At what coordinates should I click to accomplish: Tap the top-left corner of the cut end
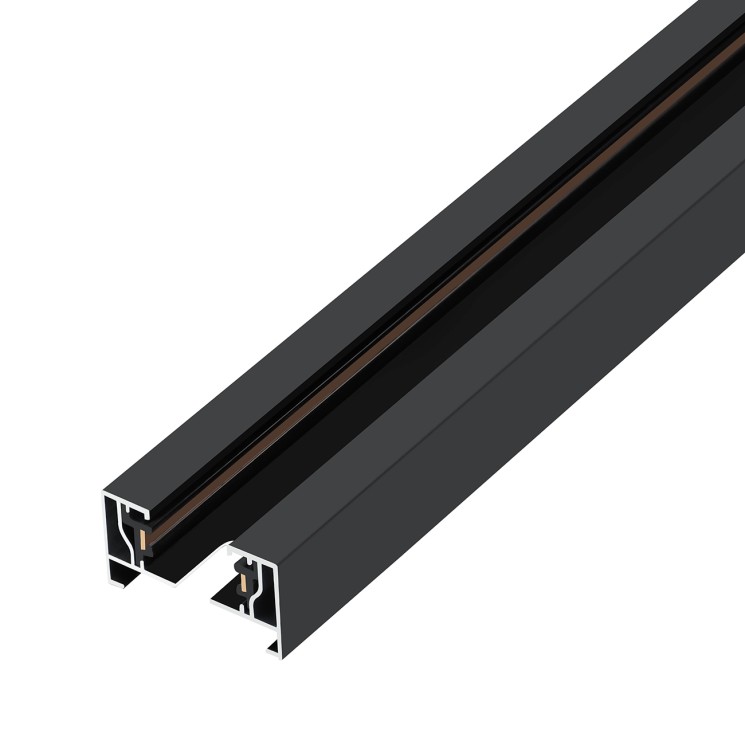click(x=103, y=493)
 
